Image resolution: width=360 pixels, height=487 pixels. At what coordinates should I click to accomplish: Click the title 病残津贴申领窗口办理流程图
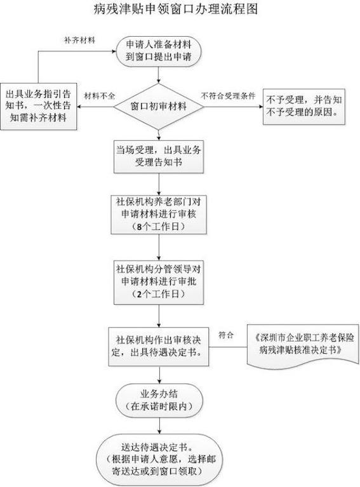tap(176, 9)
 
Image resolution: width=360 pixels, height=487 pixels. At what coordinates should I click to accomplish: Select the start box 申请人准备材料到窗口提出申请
tap(159, 51)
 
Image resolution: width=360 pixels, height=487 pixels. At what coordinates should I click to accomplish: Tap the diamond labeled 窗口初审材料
tap(159, 107)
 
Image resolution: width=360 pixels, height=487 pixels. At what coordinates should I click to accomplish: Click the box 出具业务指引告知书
tap(39, 106)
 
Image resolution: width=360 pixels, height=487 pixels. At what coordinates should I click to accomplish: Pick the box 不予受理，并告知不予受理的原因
tap(304, 107)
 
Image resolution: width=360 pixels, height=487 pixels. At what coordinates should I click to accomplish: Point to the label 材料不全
tap(100, 96)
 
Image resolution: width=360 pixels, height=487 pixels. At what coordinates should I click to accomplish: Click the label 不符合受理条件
tap(229, 96)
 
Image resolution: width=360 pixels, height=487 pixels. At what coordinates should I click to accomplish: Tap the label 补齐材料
tap(79, 41)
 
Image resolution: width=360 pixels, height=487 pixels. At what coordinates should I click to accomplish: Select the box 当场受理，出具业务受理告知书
tap(159, 156)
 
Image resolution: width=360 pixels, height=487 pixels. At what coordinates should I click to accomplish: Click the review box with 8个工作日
tap(159, 215)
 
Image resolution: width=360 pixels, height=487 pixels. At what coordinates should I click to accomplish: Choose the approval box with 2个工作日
tap(159, 282)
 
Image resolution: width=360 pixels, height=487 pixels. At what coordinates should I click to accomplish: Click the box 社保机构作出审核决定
tap(159, 346)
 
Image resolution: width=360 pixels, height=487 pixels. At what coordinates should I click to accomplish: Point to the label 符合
tap(226, 335)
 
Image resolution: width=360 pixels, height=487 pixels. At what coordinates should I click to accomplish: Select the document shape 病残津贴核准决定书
tap(303, 345)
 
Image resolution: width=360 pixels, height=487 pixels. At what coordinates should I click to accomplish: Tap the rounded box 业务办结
tap(159, 401)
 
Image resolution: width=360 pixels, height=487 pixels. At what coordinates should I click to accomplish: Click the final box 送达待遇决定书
tap(159, 460)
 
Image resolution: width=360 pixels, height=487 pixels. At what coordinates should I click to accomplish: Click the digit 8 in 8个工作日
tap(139, 227)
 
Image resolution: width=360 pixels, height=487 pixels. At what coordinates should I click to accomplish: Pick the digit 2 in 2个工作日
tap(139, 294)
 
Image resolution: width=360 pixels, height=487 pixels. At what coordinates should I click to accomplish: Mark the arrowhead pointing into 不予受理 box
tap(260, 107)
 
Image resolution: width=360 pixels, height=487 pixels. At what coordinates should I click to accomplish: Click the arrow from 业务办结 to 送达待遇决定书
tap(159, 426)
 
